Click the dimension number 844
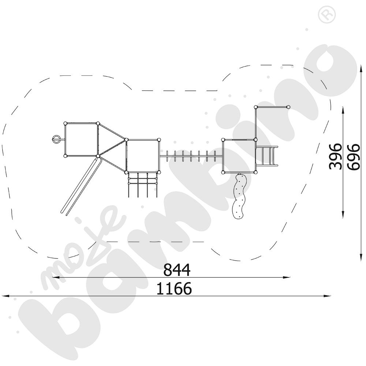pyautogui.click(x=177, y=270)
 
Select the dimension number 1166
pyautogui.click(x=174, y=289)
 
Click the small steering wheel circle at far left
pyautogui.click(x=56, y=139)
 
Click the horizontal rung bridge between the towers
pyautogui.click(x=191, y=156)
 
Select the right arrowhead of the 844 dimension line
pyautogui.click(x=288, y=277)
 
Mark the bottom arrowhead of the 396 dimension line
pyautogui.click(x=343, y=216)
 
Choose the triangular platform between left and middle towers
pyautogui.click(x=112, y=146)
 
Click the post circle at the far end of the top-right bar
pyautogui.click(x=288, y=107)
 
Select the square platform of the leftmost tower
pyautogui.click(x=81, y=139)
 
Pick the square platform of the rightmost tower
pyautogui.click(x=239, y=156)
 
